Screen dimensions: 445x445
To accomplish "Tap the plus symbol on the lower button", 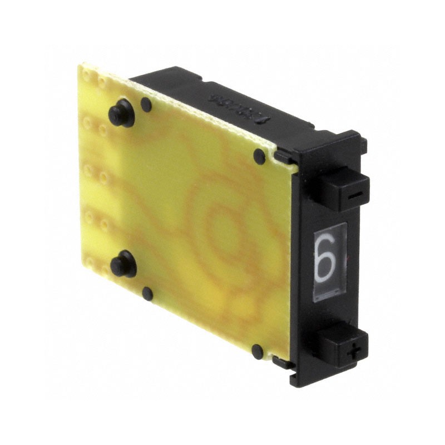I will pyautogui.click(x=351, y=352).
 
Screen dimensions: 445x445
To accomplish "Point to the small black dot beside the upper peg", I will pyautogui.click(x=146, y=104).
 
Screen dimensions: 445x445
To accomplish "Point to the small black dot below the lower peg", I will pyautogui.click(x=147, y=293).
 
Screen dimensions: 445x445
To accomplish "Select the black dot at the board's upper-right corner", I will pyautogui.click(x=259, y=156).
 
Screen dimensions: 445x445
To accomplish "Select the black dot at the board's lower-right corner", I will pyautogui.click(x=257, y=351).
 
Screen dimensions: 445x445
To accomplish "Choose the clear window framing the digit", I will pyautogui.click(x=329, y=261).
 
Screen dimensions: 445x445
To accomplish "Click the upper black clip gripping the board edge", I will pyautogui.click(x=284, y=158).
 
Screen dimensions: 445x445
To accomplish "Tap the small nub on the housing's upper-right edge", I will pyautogui.click(x=363, y=146).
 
